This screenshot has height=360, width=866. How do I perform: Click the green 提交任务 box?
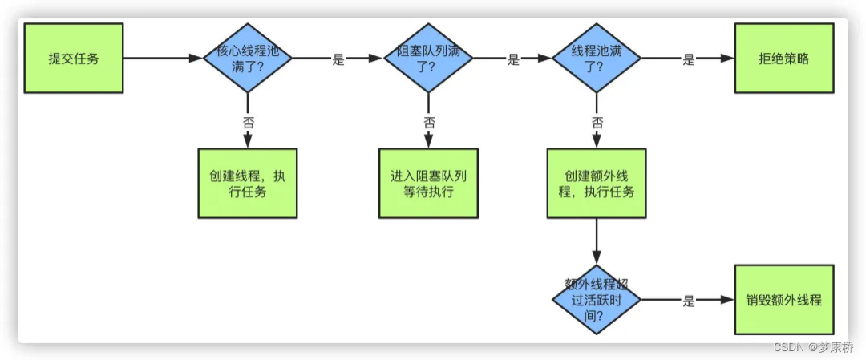click(74, 59)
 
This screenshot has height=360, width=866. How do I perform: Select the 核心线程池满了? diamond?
click(247, 59)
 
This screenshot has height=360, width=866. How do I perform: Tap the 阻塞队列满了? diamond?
click(428, 59)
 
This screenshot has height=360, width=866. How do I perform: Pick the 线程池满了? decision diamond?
click(597, 59)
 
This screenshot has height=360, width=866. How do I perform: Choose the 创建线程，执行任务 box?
click(247, 183)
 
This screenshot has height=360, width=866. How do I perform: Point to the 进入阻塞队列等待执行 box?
click(428, 183)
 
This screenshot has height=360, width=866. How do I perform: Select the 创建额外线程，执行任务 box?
click(597, 183)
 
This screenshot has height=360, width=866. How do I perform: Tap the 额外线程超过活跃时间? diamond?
click(597, 301)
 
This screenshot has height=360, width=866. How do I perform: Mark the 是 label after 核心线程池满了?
click(338, 59)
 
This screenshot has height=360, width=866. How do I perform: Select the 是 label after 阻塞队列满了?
click(513, 59)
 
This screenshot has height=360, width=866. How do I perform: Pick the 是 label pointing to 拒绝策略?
click(688, 59)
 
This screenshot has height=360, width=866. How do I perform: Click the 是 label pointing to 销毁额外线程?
click(688, 301)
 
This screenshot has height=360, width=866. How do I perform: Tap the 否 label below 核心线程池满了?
click(248, 122)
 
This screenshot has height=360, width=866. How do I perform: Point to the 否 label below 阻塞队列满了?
click(429, 122)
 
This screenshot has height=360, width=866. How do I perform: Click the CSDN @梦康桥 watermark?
click(815, 347)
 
